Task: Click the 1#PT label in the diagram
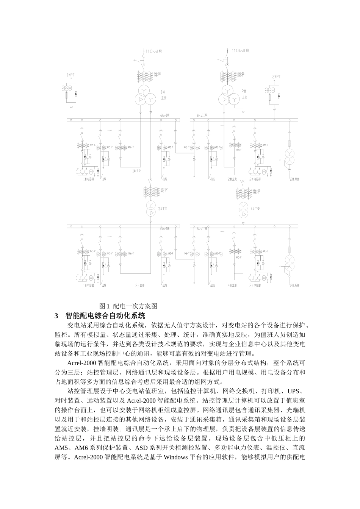pyautogui.click(x=70, y=75)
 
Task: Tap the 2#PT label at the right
pyautogui.click(x=277, y=77)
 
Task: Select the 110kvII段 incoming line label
pyautogui.click(x=240, y=50)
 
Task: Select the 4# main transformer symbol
pyautogui.click(x=244, y=210)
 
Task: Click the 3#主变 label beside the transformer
pyautogui.click(x=163, y=208)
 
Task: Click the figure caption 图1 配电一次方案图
pyautogui.click(x=128, y=306)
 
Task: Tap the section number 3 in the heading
pyautogui.click(x=57, y=315)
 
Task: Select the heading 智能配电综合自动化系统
pyautogui.click(x=105, y=315)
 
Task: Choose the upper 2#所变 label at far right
pyautogui.click(x=294, y=179)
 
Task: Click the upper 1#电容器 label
pyautogui.click(x=89, y=179)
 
